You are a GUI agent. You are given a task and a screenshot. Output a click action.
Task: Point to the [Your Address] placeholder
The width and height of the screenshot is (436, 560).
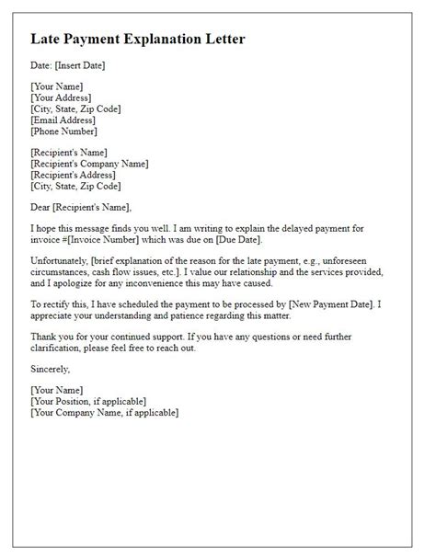61,97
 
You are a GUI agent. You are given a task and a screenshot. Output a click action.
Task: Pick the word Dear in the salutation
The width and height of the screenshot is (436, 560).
41,207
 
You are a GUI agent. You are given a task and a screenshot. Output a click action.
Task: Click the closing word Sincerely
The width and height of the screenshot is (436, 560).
50,369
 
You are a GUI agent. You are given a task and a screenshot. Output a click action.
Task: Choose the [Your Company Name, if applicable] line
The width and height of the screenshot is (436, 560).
104,412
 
